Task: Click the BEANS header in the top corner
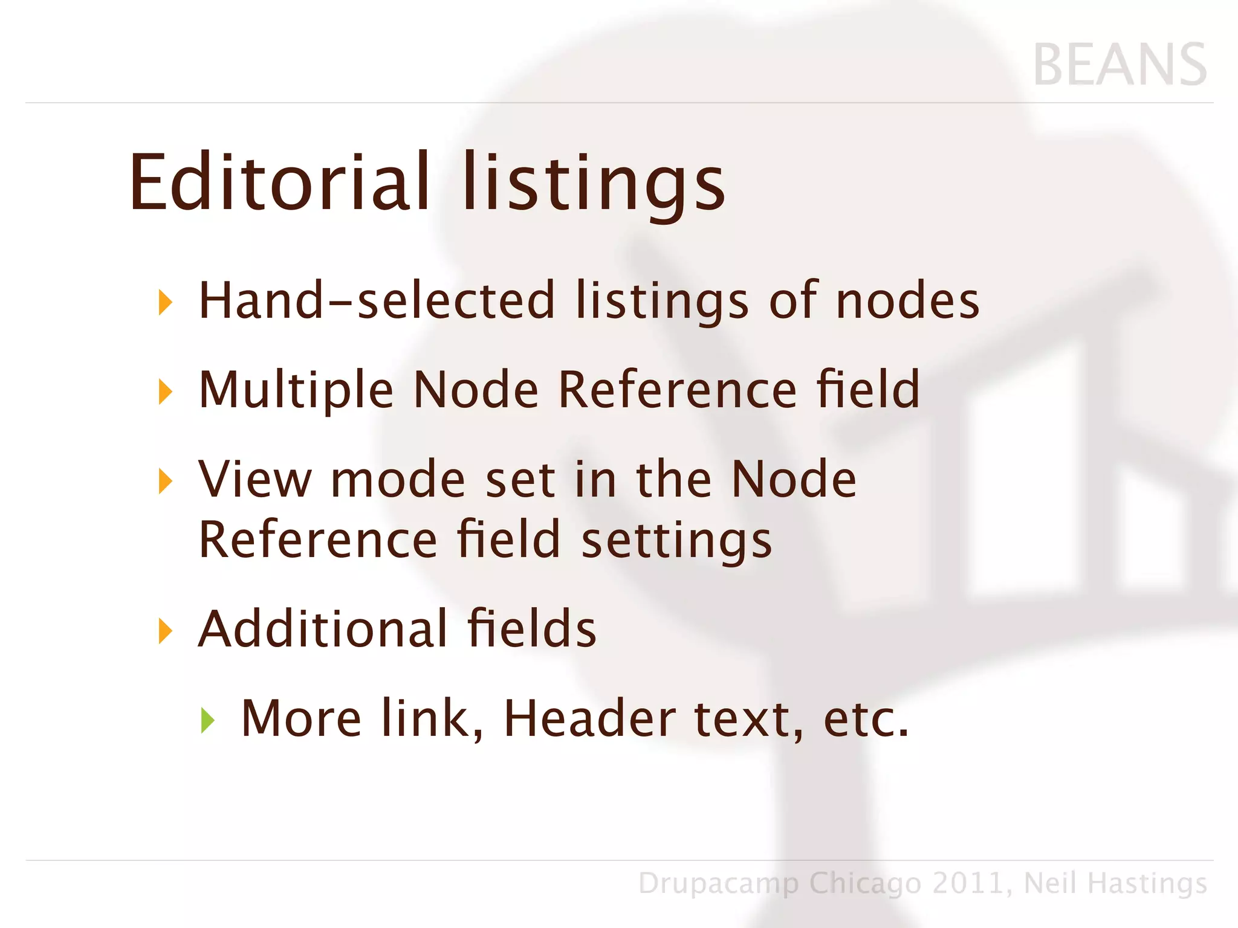pos(1120,65)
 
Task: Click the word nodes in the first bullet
pos(907,301)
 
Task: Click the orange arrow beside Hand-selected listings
pos(165,301)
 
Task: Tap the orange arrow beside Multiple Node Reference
pos(165,391)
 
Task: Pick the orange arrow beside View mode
pos(165,481)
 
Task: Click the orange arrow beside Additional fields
pos(165,631)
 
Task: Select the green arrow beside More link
pos(207,720)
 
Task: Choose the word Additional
pos(323,629)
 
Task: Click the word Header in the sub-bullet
pos(590,719)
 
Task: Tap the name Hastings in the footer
pos(1147,884)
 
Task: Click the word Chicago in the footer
pos(865,884)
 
